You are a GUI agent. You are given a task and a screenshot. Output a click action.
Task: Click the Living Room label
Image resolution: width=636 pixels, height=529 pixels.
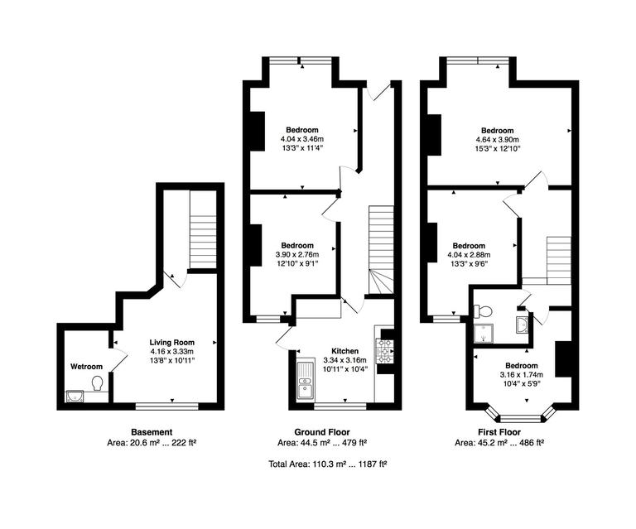[x=171, y=342]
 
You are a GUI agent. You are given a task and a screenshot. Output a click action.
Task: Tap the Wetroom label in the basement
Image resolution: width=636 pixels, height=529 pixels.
[x=86, y=367]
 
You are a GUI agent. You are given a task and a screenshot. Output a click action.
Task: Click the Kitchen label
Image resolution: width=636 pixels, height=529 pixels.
[x=345, y=351]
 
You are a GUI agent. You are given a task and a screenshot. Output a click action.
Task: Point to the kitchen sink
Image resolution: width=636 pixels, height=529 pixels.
[x=304, y=380]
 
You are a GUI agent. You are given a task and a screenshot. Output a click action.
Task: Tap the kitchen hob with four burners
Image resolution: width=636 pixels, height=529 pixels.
[x=385, y=350]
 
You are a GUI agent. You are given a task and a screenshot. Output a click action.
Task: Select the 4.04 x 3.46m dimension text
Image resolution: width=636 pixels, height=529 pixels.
[x=301, y=140]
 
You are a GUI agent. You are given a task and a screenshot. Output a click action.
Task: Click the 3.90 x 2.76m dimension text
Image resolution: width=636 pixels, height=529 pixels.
[x=296, y=255]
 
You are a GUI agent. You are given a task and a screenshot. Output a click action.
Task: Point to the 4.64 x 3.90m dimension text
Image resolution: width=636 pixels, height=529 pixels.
[x=498, y=140]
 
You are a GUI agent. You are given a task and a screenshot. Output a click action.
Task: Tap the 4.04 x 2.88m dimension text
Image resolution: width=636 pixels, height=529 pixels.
[x=468, y=255]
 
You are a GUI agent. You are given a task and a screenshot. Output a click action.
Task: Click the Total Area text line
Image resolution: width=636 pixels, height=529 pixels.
[x=329, y=464]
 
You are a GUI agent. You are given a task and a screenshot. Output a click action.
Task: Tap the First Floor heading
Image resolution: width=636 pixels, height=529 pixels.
[x=499, y=432]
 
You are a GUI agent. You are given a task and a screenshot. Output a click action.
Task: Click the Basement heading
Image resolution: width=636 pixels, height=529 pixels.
[x=152, y=432]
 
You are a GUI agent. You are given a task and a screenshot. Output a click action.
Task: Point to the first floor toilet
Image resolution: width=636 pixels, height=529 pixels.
[x=483, y=311]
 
